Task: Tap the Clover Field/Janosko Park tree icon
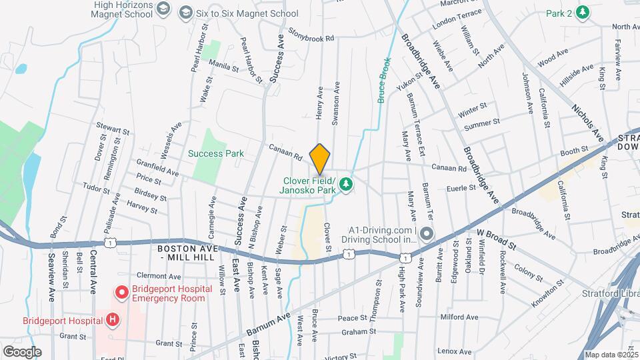click(x=345, y=183)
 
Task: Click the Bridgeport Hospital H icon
click(x=112, y=320)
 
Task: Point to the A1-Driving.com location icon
click(x=427, y=234)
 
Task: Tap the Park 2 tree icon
click(x=583, y=12)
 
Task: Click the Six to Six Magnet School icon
click(x=185, y=13)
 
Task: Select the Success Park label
click(x=215, y=153)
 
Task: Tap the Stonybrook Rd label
click(x=311, y=35)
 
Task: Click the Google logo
click(x=22, y=351)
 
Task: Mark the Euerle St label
click(x=461, y=188)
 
